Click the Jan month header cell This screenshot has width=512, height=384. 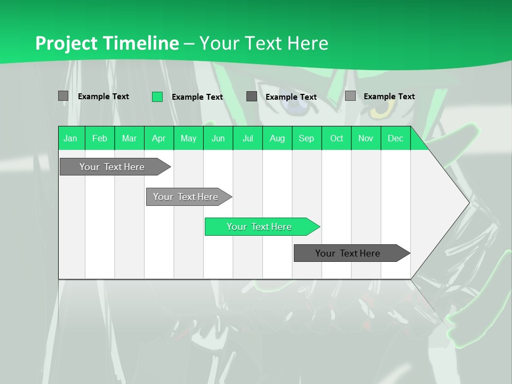(x=71, y=138)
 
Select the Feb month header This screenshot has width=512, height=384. (x=100, y=138)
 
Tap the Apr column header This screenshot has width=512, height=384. (x=159, y=138)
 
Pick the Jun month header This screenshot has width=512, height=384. (x=218, y=138)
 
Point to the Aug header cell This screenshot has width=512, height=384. (x=277, y=138)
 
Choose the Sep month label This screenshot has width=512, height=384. (x=307, y=138)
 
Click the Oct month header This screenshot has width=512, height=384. (x=337, y=138)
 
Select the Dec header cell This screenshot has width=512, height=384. (x=396, y=138)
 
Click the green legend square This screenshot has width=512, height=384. (x=157, y=97)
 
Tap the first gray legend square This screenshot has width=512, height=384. (x=63, y=96)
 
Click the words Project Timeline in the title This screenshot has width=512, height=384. (x=107, y=43)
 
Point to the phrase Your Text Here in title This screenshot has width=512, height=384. (x=264, y=43)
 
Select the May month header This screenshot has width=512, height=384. (x=188, y=138)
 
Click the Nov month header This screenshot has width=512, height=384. (x=366, y=138)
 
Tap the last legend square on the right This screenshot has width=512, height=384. (x=350, y=96)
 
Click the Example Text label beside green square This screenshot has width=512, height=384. (x=197, y=97)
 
